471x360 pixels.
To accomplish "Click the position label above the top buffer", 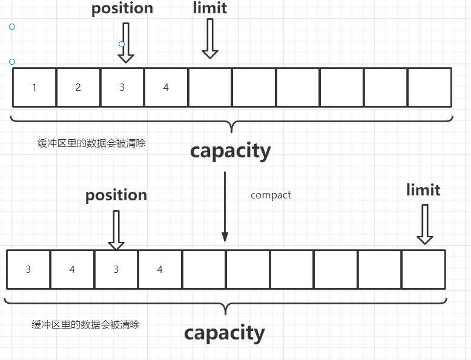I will pos(122,8).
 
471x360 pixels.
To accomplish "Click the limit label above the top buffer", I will pos(210,8).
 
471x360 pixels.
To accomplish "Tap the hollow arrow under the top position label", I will pos(125,42).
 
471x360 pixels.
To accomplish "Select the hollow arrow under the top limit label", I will pos(209,39).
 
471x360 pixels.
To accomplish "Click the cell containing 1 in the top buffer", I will pos(35,87).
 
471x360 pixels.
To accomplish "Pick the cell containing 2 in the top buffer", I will pos(78,87).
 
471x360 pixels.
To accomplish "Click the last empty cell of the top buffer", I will pos(429,87).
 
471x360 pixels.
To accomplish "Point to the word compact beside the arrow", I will pos(271,195).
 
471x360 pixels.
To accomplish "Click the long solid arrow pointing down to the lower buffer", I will pos(225,206).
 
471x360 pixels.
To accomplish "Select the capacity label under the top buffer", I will pos(230,151).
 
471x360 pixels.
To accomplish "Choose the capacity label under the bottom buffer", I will pos(224,333).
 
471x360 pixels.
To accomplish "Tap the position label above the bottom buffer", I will pos(116,195).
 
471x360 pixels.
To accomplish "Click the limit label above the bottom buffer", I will pos(423,189).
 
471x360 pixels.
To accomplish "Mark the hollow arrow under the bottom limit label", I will pos(425,224).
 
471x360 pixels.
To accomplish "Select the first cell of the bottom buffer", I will pos(28,269).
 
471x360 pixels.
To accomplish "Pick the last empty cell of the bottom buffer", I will pos(423,269).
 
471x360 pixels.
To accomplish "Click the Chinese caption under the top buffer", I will pos(91,144).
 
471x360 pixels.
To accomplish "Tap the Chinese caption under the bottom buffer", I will pos(85,324).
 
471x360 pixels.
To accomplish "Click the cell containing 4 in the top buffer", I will pos(166,87).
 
